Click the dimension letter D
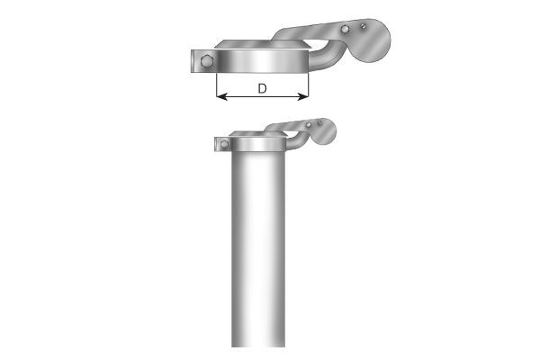[262, 88]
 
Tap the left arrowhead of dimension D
[220, 97]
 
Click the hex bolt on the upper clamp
[208, 61]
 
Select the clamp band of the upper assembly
[261, 63]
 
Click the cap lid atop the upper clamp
[261, 42]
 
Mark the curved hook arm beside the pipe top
[294, 143]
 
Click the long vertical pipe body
[259, 252]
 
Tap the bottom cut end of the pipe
[259, 345]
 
